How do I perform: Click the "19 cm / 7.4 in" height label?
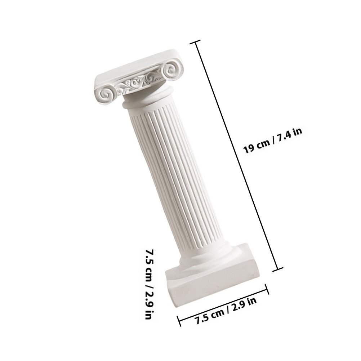click(273, 141)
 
